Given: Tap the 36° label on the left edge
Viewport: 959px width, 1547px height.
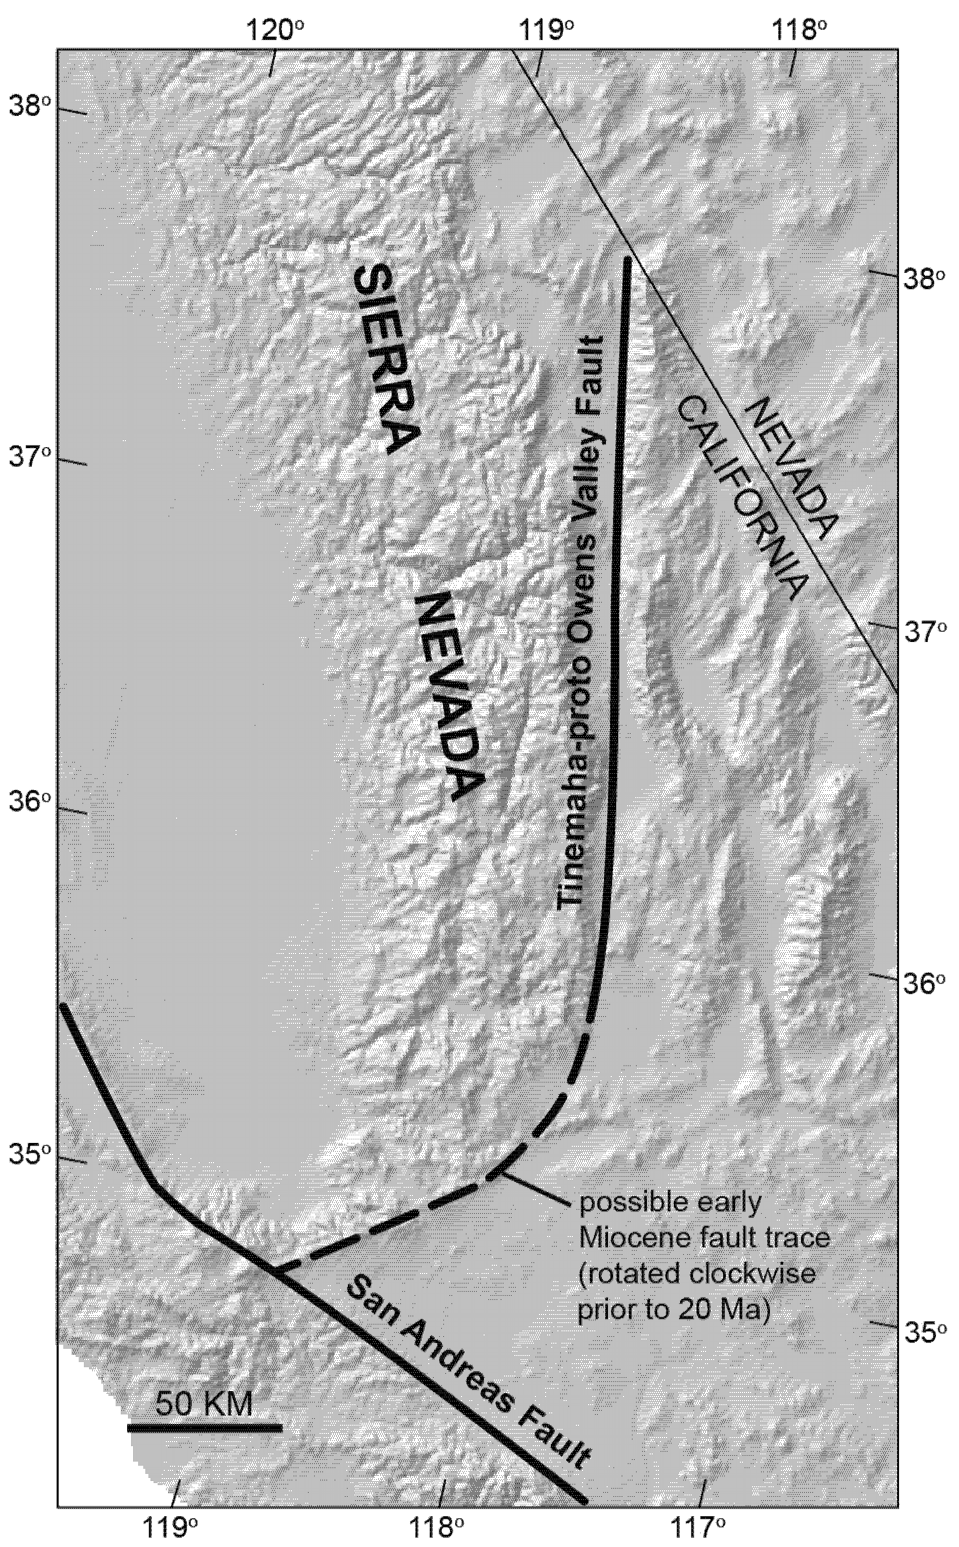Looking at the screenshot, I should click(29, 803).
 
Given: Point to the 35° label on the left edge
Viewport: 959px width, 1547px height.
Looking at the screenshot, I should click(29, 1152).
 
